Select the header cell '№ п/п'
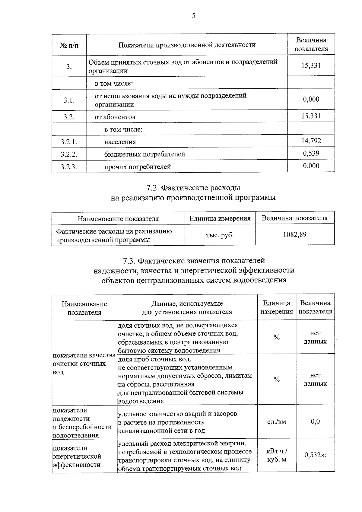69,45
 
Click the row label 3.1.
69,100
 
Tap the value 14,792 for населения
311,141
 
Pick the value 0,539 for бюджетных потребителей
311,153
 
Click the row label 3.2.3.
69,167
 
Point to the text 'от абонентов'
115,117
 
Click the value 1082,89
295,234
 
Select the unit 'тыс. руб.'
220,235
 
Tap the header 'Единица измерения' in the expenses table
220,218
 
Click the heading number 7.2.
153,188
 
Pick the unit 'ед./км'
277,422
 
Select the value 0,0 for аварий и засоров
315,421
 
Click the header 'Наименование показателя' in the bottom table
84,308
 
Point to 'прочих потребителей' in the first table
138,167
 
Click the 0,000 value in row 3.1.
311,99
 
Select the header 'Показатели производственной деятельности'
187,45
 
